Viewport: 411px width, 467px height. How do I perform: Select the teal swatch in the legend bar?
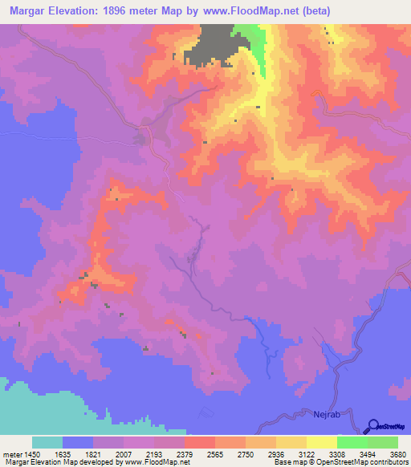47,442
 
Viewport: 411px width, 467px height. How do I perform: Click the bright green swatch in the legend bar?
352,442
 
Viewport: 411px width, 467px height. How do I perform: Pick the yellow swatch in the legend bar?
321,442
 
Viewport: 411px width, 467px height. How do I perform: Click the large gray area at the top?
210,44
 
